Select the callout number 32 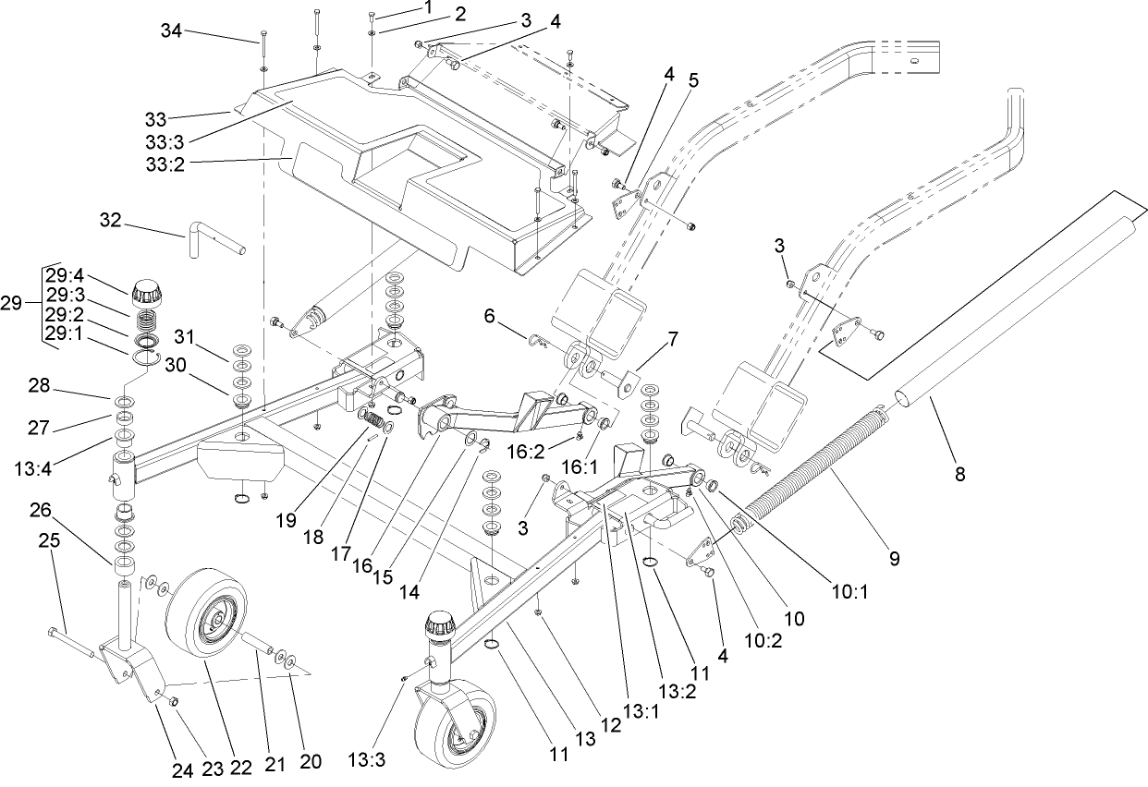pos(111,221)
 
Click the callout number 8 pos(959,475)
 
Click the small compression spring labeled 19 pos(373,422)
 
